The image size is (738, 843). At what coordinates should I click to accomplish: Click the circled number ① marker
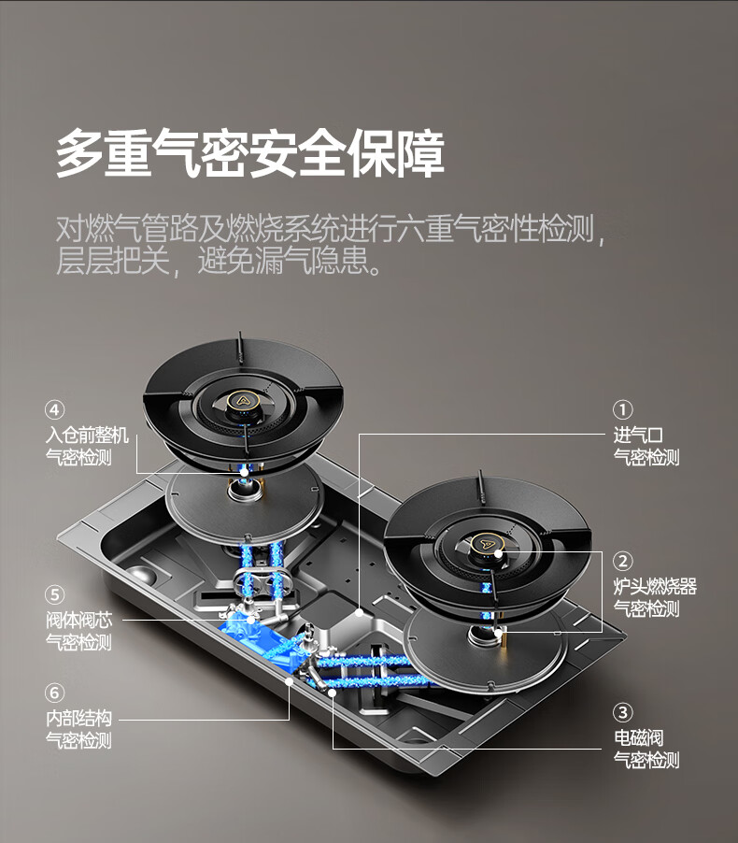point(623,409)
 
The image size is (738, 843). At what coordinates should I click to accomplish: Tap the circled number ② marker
point(623,562)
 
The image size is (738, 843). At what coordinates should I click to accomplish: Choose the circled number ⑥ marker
point(56,693)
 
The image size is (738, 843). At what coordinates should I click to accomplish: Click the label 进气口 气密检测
point(646,446)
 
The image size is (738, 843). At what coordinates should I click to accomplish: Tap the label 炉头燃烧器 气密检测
point(655,597)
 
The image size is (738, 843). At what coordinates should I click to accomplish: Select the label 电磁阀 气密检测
point(646,749)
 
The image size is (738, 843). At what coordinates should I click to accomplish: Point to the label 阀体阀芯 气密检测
point(78,631)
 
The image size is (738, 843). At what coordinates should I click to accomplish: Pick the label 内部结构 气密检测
point(78,729)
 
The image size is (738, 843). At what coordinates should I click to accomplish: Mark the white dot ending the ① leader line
point(360,613)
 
